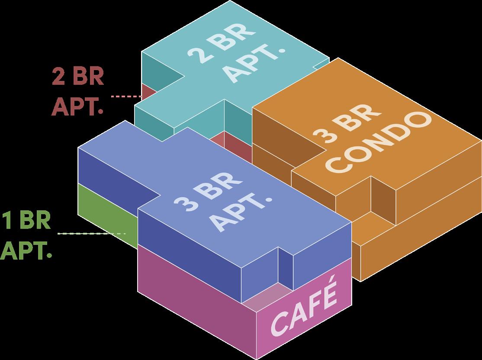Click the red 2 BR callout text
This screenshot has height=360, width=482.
click(x=78, y=77)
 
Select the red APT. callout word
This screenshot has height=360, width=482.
click(x=78, y=106)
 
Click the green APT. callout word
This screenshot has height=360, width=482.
click(x=26, y=250)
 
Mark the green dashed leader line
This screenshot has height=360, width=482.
click(x=91, y=234)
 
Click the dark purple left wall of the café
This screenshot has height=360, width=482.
click(x=195, y=299)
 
